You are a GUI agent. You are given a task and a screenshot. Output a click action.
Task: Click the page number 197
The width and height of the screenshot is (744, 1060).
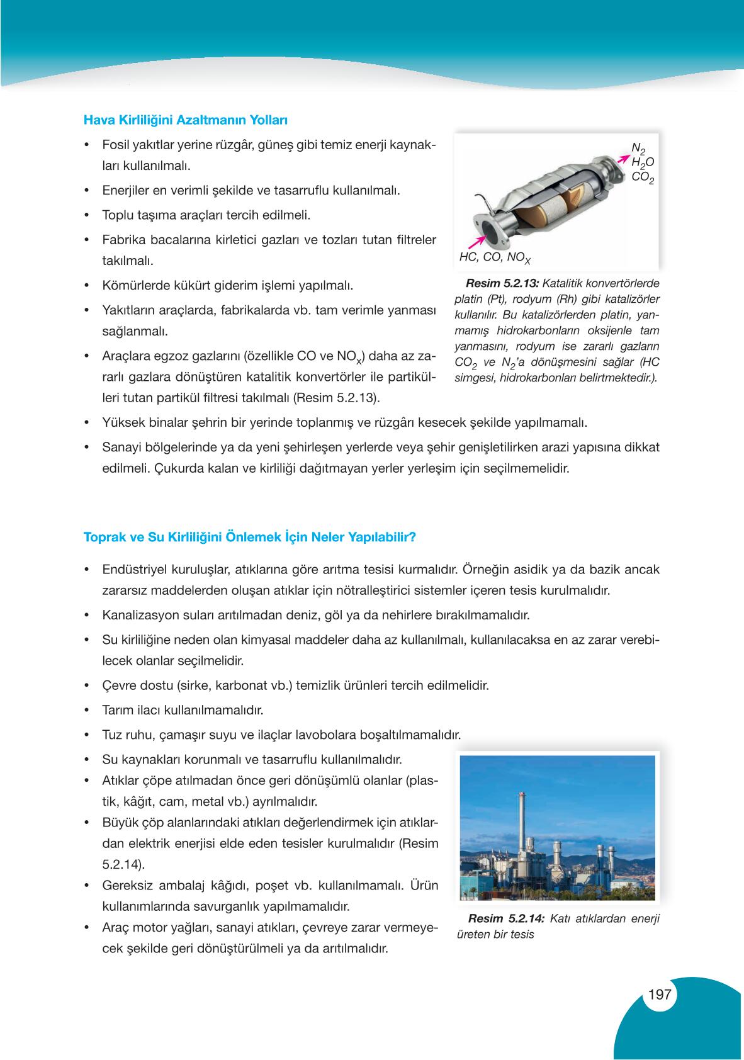click(660, 995)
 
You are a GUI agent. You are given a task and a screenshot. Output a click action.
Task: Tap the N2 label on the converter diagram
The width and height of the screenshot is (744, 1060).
click(638, 149)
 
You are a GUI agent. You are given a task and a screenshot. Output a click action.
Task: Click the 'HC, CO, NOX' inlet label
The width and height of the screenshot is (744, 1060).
click(495, 257)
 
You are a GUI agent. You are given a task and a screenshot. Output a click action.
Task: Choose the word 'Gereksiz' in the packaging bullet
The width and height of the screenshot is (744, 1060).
click(126, 885)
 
